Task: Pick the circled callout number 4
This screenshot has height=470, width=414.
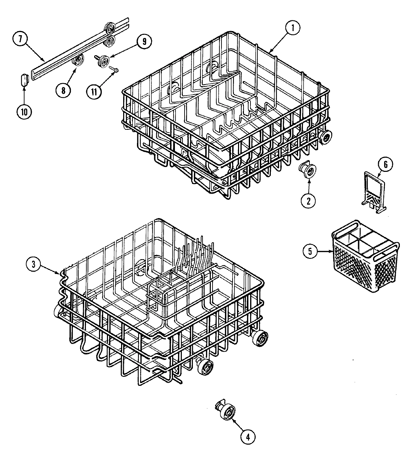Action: tap(248, 437)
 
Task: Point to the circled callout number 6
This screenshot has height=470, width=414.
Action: tap(385, 165)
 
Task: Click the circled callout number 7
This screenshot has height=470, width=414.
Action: tap(20, 39)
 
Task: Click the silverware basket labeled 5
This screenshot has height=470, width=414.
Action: tap(366, 261)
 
